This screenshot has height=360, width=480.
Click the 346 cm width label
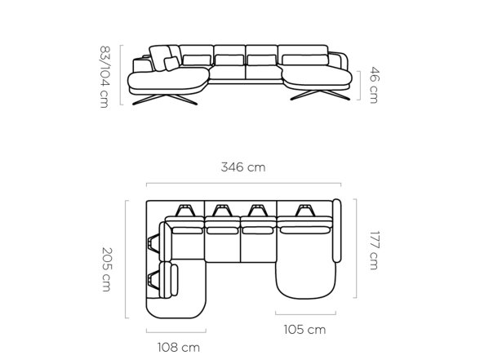click(x=243, y=167)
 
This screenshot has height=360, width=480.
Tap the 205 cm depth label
click(x=107, y=269)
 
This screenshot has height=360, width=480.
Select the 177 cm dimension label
click(x=374, y=251)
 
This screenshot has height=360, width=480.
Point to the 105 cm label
click(x=304, y=330)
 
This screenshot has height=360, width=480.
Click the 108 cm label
click(x=179, y=348)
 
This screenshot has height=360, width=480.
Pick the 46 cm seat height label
click(x=375, y=85)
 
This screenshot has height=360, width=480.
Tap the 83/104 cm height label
click(x=104, y=77)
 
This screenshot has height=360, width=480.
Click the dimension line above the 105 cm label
click(x=305, y=313)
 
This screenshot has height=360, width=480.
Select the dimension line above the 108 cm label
click(x=176, y=331)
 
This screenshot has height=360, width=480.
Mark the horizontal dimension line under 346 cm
click(x=243, y=184)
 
